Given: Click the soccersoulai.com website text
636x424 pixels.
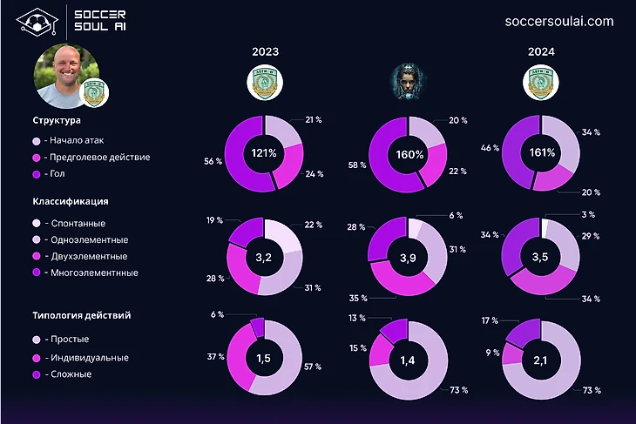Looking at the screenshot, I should (559, 22).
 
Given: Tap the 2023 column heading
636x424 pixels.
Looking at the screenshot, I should (265, 52).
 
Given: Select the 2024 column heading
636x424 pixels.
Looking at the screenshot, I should (541, 52).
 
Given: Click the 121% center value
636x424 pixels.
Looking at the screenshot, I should (265, 153).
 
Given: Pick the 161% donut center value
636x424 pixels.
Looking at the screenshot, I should (542, 153).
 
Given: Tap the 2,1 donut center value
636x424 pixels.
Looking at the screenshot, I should (542, 360).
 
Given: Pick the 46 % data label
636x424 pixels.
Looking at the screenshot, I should (490, 149).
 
